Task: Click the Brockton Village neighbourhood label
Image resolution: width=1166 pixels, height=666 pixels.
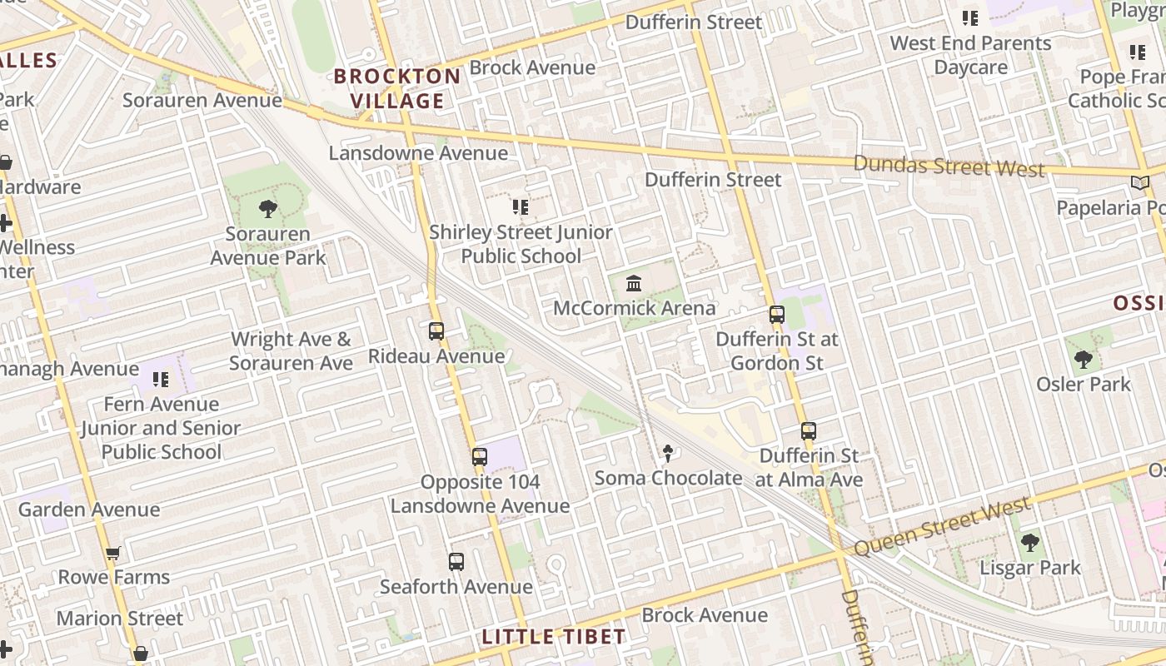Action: click(x=397, y=88)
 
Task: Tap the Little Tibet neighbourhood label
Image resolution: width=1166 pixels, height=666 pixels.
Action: click(x=554, y=637)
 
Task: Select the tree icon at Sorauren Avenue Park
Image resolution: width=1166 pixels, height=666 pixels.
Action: click(x=267, y=208)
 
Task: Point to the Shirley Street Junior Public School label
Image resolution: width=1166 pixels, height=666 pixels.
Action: click(x=521, y=244)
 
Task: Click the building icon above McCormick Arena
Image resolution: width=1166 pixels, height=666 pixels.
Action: click(x=634, y=283)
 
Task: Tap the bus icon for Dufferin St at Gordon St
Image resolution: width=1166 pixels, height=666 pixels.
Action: click(x=777, y=315)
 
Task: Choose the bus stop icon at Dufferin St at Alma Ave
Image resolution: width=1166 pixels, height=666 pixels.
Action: click(x=809, y=431)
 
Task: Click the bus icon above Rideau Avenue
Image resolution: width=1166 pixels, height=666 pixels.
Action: click(x=436, y=331)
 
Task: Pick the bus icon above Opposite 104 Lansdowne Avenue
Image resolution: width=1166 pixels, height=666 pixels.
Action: click(x=480, y=457)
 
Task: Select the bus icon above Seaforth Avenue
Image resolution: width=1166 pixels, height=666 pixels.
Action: click(x=456, y=562)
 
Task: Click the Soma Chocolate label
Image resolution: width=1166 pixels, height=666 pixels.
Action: click(x=668, y=478)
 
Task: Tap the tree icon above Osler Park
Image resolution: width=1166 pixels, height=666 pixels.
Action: click(x=1084, y=360)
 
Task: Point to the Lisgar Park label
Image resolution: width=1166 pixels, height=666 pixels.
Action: click(x=1029, y=568)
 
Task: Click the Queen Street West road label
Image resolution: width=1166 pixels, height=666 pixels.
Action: click(x=943, y=526)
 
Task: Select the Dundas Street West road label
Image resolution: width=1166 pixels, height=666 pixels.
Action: click(x=949, y=165)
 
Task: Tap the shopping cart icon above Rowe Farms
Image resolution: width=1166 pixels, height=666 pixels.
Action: click(x=113, y=554)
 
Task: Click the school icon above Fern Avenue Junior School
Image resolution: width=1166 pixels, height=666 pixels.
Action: click(x=161, y=380)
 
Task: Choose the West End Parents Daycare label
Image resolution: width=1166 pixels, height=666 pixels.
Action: click(x=970, y=55)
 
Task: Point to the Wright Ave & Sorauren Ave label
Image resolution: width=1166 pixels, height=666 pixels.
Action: click(x=291, y=351)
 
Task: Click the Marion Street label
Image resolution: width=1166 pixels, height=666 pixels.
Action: click(x=120, y=619)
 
